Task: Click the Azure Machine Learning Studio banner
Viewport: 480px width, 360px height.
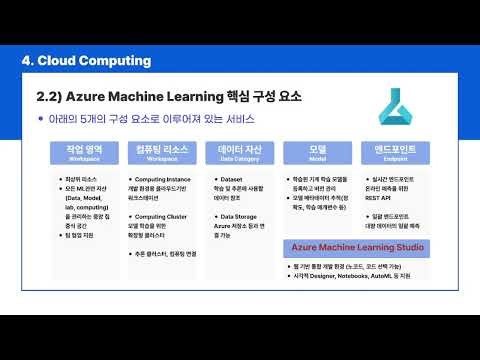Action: pos(353,246)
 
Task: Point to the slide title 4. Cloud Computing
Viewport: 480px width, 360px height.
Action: pos(86,61)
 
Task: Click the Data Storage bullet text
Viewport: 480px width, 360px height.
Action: pos(233,214)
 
